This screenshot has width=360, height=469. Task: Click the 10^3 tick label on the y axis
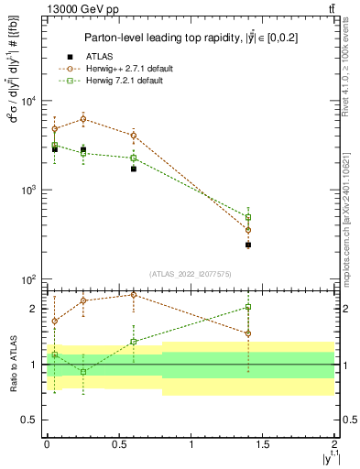click(33, 190)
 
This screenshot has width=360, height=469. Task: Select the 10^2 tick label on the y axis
click(33, 278)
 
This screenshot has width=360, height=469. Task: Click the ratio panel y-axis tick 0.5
click(37, 420)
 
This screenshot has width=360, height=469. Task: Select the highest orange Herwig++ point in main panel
click(83, 119)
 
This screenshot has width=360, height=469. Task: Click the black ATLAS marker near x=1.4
click(248, 245)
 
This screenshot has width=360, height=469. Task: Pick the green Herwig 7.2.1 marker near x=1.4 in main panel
click(248, 217)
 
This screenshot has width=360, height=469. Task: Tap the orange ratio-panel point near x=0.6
click(134, 295)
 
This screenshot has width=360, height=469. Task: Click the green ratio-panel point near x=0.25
click(83, 372)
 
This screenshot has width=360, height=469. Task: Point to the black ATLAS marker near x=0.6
click(134, 169)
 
